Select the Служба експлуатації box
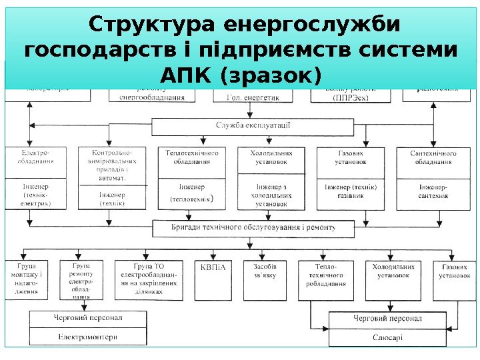(253, 125)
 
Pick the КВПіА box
(213, 269)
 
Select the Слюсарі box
(387, 337)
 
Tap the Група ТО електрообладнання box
(148, 279)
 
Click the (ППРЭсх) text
(350, 97)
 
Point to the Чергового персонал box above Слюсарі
(387, 319)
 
